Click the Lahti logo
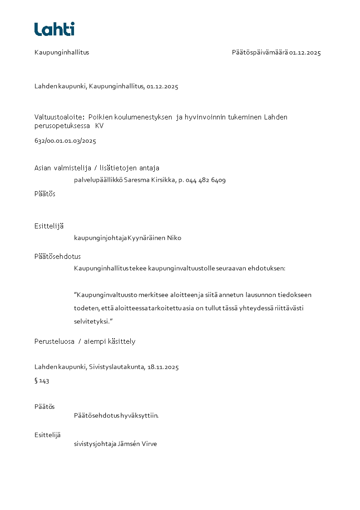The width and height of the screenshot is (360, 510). pos(54,29)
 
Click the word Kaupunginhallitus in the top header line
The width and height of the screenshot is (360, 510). pos(62,52)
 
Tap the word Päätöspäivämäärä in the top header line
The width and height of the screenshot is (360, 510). pos(260,52)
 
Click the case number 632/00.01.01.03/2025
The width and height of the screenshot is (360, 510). pos(65,141)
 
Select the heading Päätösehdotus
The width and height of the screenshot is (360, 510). pos(58,257)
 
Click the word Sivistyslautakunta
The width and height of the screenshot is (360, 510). pos(117,367)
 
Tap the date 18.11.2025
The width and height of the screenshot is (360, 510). pos(163,367)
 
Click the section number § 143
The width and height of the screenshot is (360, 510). pos(42,381)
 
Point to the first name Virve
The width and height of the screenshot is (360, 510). pos(149,444)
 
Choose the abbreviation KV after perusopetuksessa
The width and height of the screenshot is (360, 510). pos(99,126)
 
